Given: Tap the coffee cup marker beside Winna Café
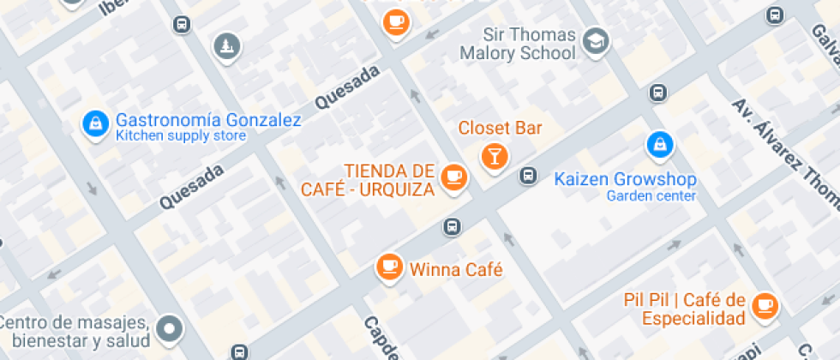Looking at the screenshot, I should point(390,265).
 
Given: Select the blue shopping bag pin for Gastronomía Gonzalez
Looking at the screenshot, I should point(94,123).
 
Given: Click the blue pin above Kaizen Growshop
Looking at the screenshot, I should point(658,144).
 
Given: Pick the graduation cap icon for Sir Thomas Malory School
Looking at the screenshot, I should point(595,39).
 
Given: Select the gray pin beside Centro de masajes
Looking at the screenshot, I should point(171,327).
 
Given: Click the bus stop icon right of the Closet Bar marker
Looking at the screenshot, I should point(529,176).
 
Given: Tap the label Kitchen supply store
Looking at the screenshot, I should point(181,135).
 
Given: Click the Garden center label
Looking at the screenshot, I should point(651,195).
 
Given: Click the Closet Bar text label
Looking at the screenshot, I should point(500,129).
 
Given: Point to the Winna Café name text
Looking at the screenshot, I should point(455,270).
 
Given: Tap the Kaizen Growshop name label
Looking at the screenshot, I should point(625,179).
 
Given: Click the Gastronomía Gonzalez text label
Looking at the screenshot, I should point(208,120).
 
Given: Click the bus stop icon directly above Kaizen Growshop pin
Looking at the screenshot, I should point(657,93).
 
